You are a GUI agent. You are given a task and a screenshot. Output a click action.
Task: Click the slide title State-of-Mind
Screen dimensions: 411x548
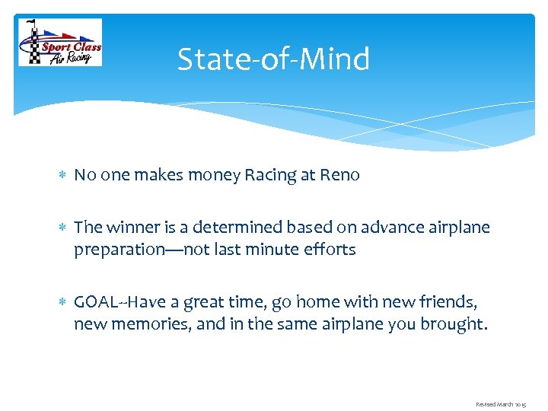(273, 59)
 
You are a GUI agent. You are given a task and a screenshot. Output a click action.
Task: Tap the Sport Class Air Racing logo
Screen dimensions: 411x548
(59, 43)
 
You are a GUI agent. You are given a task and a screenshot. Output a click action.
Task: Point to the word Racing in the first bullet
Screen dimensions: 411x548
(269, 176)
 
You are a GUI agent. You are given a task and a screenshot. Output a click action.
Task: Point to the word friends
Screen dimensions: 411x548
(450, 302)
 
